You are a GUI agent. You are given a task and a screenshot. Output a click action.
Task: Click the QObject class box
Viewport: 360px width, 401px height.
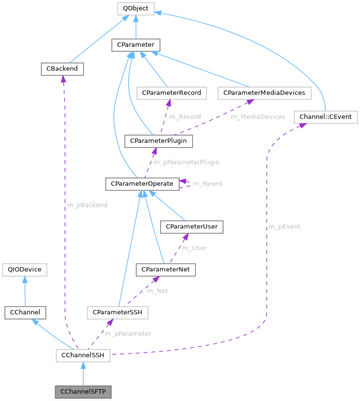coord(136,8)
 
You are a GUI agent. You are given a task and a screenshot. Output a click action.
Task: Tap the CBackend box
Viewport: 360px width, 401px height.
coord(62,69)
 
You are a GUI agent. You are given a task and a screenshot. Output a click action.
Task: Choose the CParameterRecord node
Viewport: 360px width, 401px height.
coord(171,92)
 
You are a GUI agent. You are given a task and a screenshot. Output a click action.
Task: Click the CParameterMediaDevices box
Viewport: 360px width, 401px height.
coord(264,92)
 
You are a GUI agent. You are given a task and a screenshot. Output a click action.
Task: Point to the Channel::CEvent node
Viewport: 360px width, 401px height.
coord(326,117)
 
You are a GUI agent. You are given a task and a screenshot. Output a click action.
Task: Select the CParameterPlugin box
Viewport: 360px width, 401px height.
coord(159,141)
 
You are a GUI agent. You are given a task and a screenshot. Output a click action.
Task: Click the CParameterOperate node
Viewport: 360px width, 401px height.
coord(142,184)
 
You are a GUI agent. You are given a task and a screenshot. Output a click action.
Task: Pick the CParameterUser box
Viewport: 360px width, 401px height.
coord(192,227)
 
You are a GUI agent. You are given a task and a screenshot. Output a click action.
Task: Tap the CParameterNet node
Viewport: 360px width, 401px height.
coord(166,269)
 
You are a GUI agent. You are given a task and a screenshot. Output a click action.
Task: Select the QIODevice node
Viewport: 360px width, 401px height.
coord(24,269)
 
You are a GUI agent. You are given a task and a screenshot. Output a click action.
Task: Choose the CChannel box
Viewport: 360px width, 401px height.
coord(24,312)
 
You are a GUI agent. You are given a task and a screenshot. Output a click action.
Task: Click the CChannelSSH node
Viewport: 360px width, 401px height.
coord(83,355)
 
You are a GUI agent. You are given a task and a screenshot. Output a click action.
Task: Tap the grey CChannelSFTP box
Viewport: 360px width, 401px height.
coord(83,392)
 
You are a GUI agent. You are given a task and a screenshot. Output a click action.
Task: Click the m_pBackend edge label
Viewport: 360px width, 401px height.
coord(87,205)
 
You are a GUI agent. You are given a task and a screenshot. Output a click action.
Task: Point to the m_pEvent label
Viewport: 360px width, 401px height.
coord(284,227)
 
